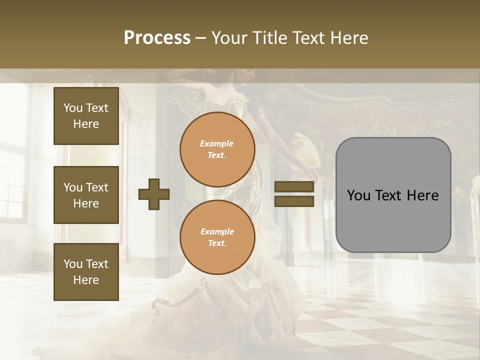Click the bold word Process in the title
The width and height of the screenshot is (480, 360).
click(157, 38)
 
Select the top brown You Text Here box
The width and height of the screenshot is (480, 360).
click(86, 116)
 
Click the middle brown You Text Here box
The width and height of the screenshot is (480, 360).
click(86, 195)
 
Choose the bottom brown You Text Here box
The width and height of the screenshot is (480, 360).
click(86, 271)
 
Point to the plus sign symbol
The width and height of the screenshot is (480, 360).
click(154, 194)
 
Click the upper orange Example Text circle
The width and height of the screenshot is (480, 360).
click(217, 149)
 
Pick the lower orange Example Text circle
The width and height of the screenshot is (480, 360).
click(217, 237)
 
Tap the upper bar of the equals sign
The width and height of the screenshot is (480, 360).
click(294, 187)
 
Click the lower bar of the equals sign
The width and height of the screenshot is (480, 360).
click(294, 201)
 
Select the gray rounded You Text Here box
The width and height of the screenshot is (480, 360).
click(393, 195)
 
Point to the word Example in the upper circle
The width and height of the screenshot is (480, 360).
click(216, 143)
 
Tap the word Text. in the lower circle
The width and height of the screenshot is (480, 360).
click(216, 243)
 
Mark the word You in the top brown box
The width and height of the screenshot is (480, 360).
click(73, 108)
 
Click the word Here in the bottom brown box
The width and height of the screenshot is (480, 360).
click(86, 280)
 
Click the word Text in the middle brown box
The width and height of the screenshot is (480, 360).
click(97, 187)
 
